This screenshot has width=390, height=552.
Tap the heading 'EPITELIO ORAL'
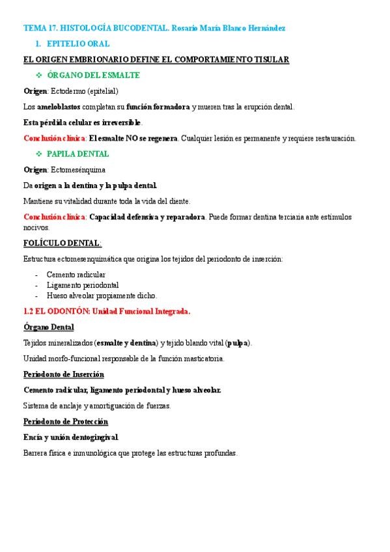click(x=78, y=44)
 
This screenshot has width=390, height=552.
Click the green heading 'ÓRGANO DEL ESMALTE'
click(x=94, y=75)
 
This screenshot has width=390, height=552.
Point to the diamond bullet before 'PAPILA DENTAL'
click(x=39, y=154)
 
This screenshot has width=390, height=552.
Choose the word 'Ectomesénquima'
click(x=78, y=169)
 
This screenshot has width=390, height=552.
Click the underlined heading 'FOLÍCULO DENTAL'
click(x=62, y=243)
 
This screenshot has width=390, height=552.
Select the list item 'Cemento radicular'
click(x=76, y=275)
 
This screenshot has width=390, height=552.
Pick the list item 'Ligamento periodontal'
click(x=82, y=284)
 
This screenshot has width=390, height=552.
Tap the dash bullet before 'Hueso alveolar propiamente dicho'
click(x=36, y=295)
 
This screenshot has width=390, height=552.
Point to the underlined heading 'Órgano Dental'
click(x=49, y=327)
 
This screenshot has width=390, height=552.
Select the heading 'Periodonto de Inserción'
click(x=64, y=374)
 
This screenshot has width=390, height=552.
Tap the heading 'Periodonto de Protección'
click(x=66, y=421)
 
